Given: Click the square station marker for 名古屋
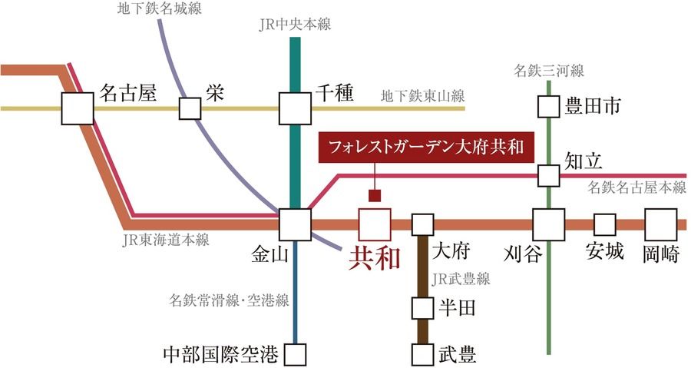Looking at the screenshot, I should [x=78, y=108].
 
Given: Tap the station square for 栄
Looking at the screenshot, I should [x=190, y=108].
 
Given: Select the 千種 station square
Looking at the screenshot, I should [x=295, y=108].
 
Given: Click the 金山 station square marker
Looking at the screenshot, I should [x=295, y=224].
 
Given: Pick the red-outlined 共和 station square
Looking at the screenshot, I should [x=375, y=224].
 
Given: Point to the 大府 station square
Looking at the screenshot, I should [x=423, y=224].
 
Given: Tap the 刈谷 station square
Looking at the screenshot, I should [x=548, y=224].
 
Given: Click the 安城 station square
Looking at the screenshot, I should [x=605, y=224].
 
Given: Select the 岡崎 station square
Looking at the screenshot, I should [x=660, y=224].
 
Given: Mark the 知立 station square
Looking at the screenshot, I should [x=548, y=175].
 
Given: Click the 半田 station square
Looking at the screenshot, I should [x=423, y=308].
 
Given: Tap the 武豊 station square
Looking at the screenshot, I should [x=423, y=355].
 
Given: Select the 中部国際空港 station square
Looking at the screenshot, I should [x=295, y=355].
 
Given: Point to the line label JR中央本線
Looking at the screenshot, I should [x=295, y=25].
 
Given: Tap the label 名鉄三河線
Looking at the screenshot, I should [x=548, y=71].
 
